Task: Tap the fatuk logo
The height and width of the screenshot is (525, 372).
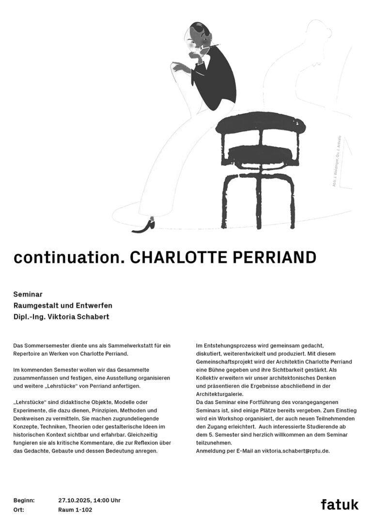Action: (340, 504)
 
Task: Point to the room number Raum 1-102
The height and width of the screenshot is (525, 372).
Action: (75, 510)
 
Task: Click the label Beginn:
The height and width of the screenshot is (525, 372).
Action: (23, 500)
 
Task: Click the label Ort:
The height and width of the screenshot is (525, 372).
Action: (19, 510)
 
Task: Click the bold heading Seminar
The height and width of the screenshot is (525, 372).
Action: (28, 294)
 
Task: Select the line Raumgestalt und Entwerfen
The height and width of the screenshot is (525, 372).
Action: (63, 306)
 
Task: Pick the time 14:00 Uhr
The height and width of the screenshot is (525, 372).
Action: (108, 500)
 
